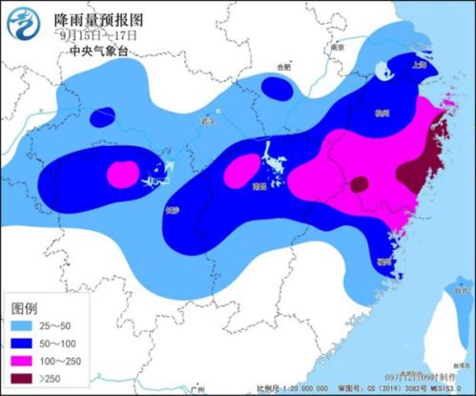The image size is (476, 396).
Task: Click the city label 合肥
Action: [x=281, y=67]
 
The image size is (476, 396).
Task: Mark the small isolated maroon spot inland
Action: [x=359, y=184]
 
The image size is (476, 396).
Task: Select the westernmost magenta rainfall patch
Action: [x=122, y=175]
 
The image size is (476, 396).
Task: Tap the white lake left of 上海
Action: [x=383, y=71]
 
